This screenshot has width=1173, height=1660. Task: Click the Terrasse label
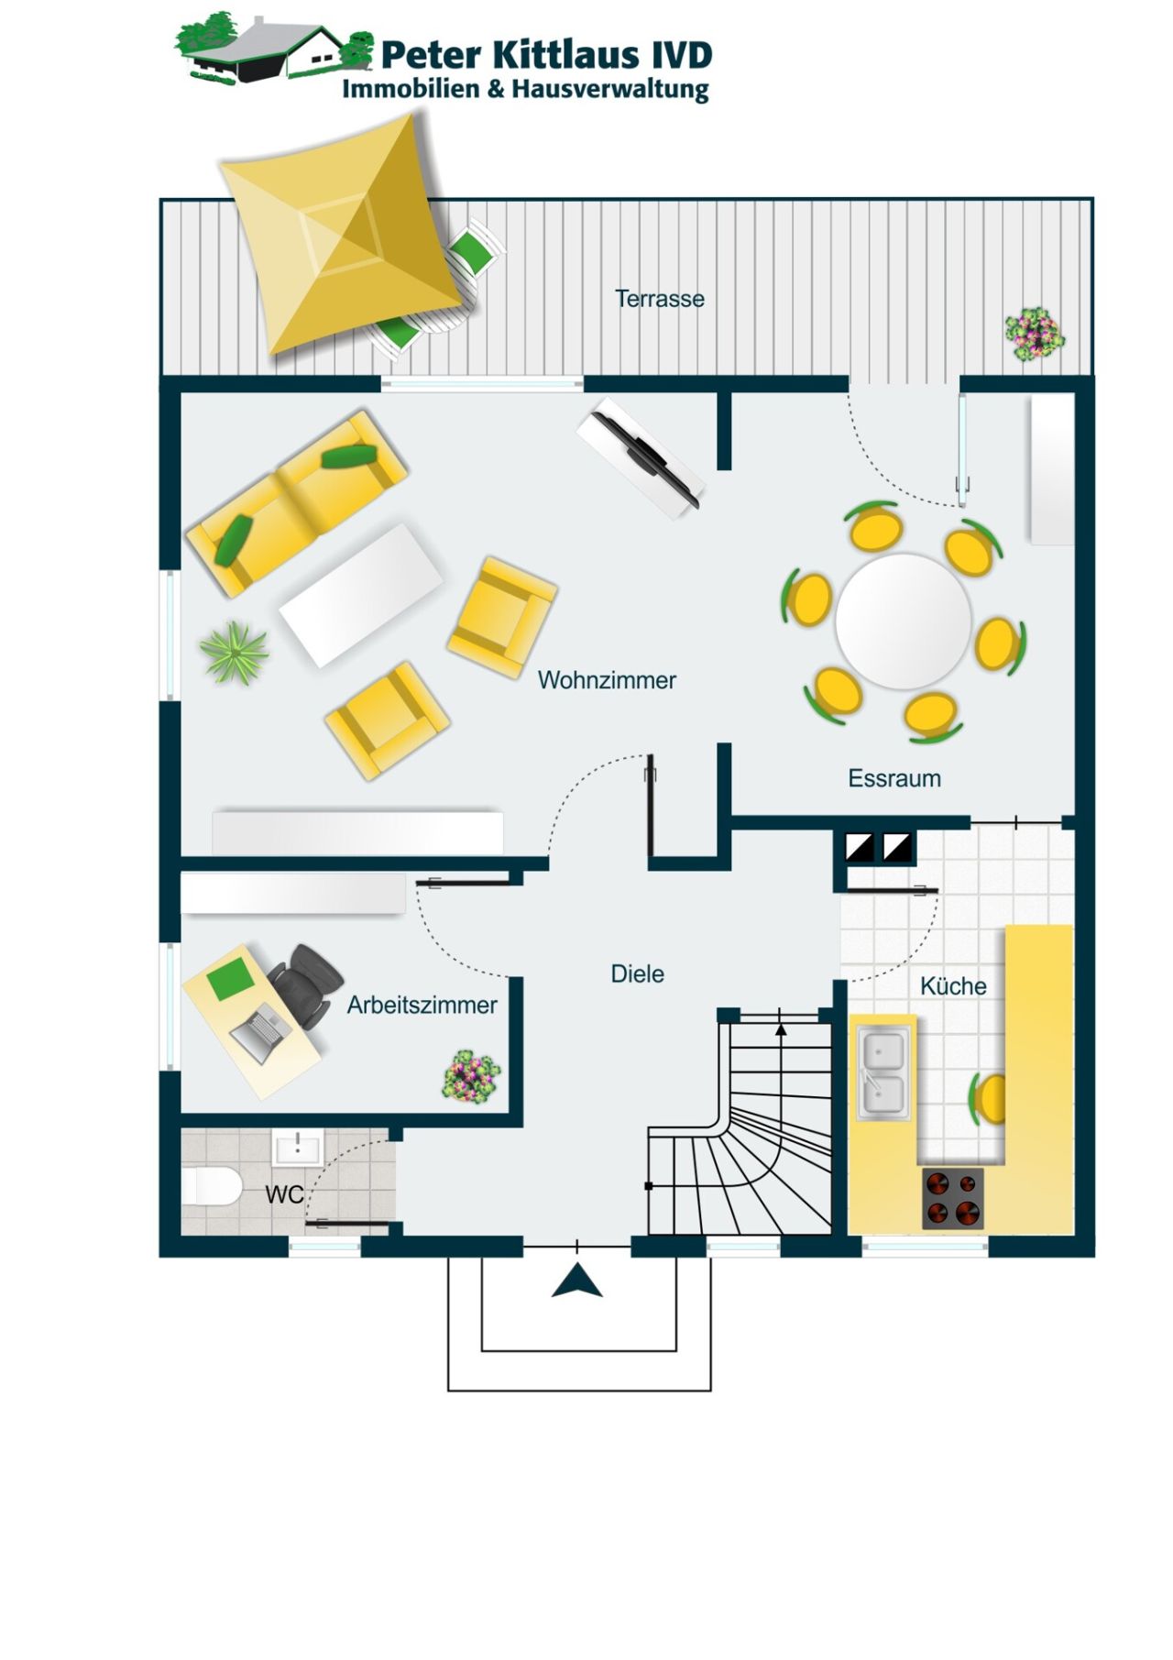pos(659,299)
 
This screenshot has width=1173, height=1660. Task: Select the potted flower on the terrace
pos(1034,334)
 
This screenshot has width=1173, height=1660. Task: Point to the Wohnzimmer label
pos(607,680)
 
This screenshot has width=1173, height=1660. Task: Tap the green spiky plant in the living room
pos(235,652)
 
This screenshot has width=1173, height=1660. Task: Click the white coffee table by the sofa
pos(361,595)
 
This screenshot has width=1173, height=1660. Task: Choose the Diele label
pos(637,973)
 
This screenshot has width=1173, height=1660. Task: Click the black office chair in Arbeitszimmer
pos(306,984)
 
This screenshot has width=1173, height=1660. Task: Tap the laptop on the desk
pos(259,1032)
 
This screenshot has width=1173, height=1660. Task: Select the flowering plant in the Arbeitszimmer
pos(471,1076)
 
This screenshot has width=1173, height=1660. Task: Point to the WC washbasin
pos(297,1148)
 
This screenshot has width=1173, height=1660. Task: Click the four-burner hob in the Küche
pos(952,1198)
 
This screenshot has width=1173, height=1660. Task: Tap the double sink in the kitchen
pos(883,1073)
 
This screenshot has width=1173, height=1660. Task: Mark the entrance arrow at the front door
pos(576,1281)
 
